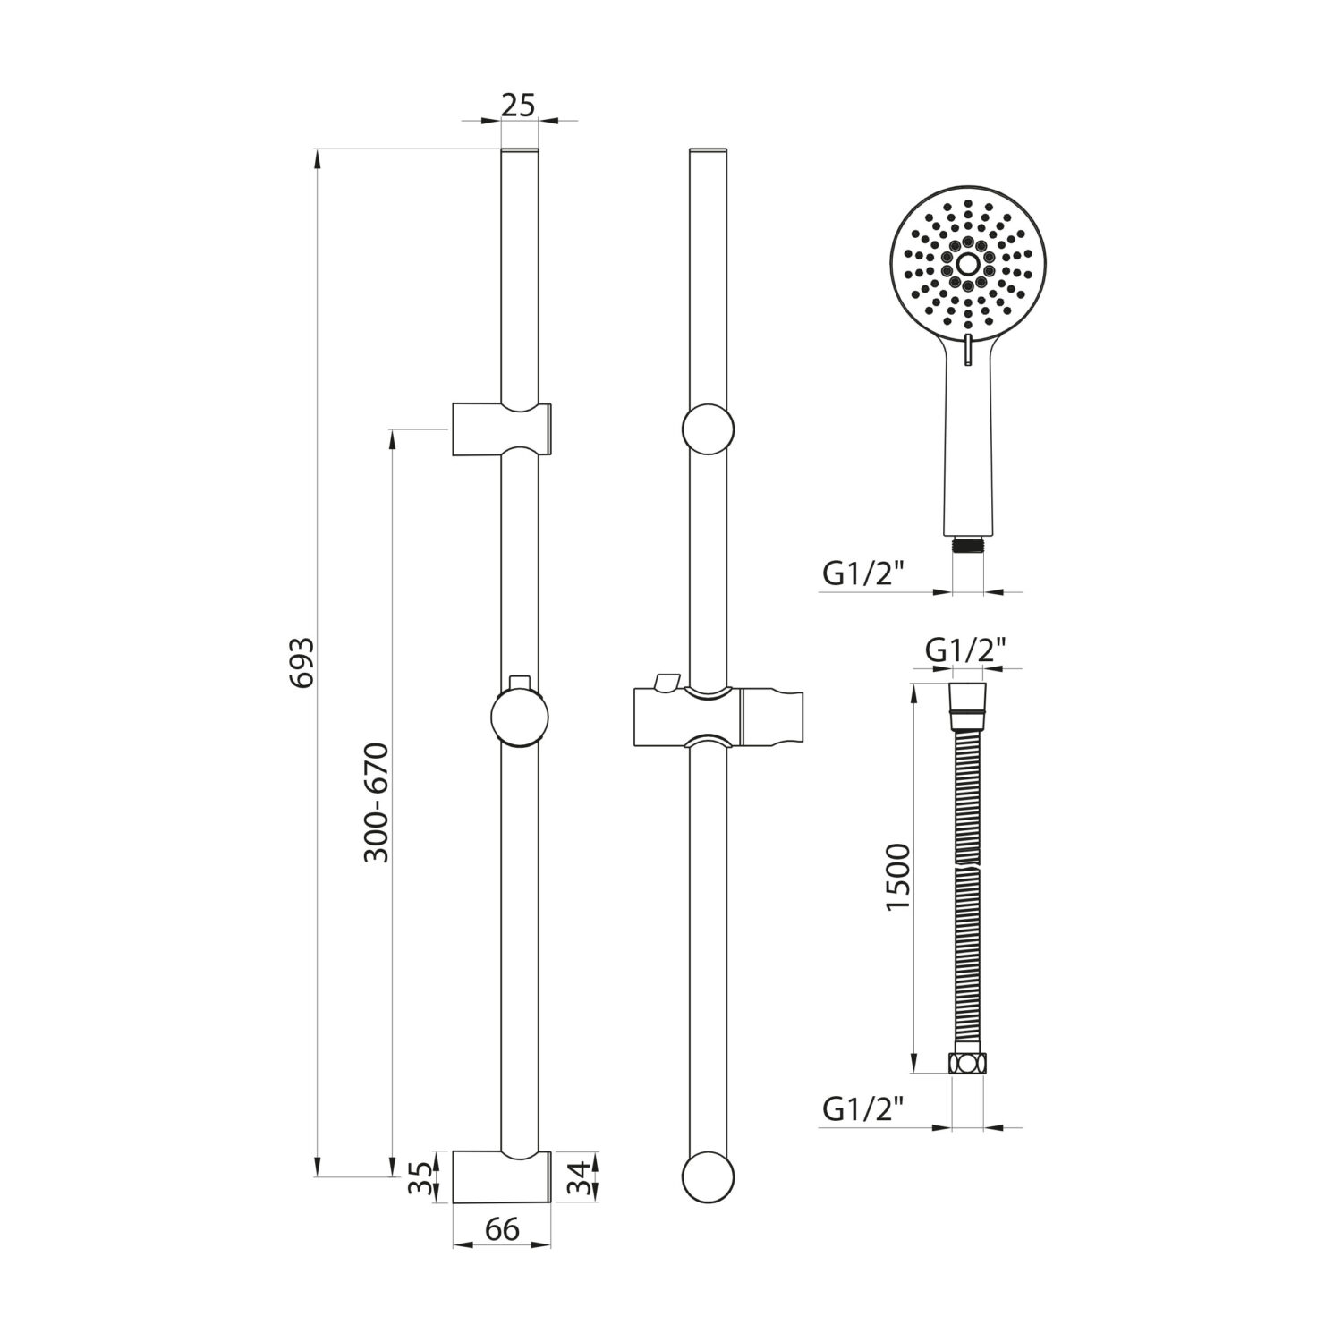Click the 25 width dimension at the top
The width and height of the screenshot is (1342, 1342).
[x=518, y=105]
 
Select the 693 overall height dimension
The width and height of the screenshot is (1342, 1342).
[x=303, y=662]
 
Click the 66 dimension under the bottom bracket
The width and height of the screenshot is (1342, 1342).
[x=502, y=1229]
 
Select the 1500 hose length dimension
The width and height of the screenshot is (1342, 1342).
[x=896, y=877]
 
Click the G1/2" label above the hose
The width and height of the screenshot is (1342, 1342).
[x=966, y=650]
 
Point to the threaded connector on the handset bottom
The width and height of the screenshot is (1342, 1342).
[x=968, y=544]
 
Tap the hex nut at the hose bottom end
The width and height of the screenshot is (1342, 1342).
[x=966, y=1064]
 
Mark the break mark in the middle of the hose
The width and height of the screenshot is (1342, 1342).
[x=966, y=869]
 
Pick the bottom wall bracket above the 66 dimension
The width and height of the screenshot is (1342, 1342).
[x=501, y=1176]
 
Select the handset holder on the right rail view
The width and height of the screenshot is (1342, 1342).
[x=716, y=716]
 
